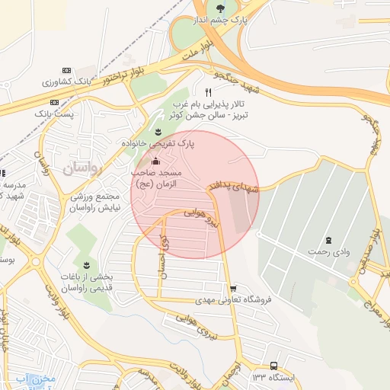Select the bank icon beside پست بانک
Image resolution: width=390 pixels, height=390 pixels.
tap(54, 101)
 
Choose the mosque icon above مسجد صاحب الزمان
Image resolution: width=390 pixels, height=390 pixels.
tap(156, 161)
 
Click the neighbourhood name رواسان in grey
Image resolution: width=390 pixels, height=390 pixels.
tap(82, 168)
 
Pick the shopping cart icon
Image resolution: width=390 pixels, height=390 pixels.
tap(243, 287)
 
